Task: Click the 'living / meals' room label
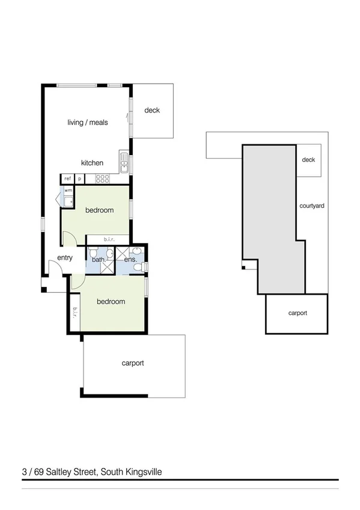pyautogui.click(x=88, y=123)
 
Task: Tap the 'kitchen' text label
pyautogui.click(x=93, y=163)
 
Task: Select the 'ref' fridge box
pyautogui.click(x=67, y=179)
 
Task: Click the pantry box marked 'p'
pyautogui.click(x=79, y=179)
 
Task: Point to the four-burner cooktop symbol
pyautogui.click(x=102, y=179)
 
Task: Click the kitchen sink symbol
pyautogui.click(x=123, y=163)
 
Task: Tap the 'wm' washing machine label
pyautogui.click(x=69, y=191)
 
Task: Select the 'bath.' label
pyautogui.click(x=99, y=260)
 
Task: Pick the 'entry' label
pyautogui.click(x=65, y=258)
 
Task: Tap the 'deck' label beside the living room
pyautogui.click(x=152, y=111)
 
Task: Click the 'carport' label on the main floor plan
pyautogui.click(x=133, y=363)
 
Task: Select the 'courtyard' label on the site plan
pyautogui.click(x=312, y=206)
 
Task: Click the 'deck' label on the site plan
pyautogui.click(x=309, y=160)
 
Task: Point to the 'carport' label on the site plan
pyautogui.click(x=297, y=313)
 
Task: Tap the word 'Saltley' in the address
pyautogui.click(x=59, y=472)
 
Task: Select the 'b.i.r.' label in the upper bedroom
pyautogui.click(x=109, y=239)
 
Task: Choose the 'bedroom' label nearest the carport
pyautogui.click(x=109, y=301)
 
